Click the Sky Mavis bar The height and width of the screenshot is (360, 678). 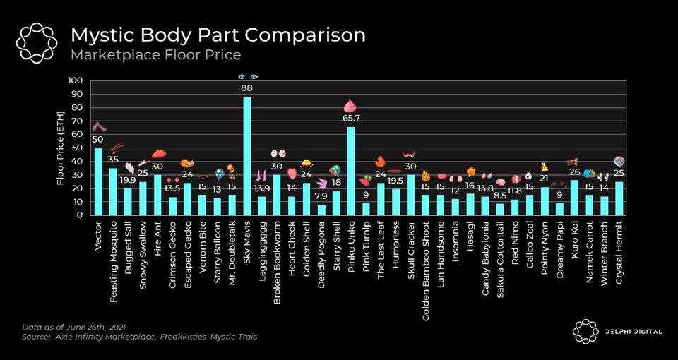[247, 155]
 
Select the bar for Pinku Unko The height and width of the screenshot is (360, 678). [351, 171]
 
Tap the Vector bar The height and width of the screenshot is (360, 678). [99, 181]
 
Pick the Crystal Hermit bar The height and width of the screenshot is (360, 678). [619, 198]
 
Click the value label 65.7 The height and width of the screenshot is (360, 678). [351, 118]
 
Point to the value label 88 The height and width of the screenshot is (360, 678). [247, 88]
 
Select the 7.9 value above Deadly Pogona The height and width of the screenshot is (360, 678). [321, 196]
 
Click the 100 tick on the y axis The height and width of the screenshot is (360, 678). [75, 80]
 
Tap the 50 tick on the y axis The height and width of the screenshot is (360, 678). [77, 148]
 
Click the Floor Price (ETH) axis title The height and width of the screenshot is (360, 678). [61, 148]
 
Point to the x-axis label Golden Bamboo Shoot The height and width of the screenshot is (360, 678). [426, 255]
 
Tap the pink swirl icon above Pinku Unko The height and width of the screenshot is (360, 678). [350, 106]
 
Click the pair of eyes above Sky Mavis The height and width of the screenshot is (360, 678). [248, 77]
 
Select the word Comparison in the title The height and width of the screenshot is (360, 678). [305, 35]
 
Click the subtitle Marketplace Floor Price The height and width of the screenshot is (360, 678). [155, 55]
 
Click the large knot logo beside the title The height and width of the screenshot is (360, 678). [36, 43]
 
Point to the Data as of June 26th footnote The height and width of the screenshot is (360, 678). [73, 327]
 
